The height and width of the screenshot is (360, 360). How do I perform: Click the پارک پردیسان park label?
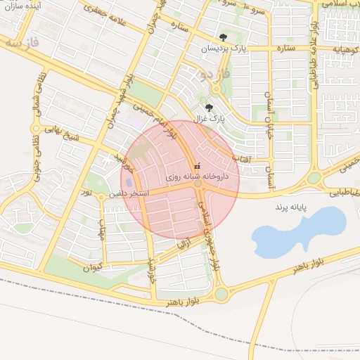pos(224,49)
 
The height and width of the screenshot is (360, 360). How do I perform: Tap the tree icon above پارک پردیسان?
pos(223,37)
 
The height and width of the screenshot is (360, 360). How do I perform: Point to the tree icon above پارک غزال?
pos(209,108)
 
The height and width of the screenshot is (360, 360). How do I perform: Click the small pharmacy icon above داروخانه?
pos(196,166)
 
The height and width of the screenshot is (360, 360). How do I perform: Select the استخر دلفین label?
pos(127,191)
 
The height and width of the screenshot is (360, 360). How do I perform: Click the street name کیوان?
pos(93,267)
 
